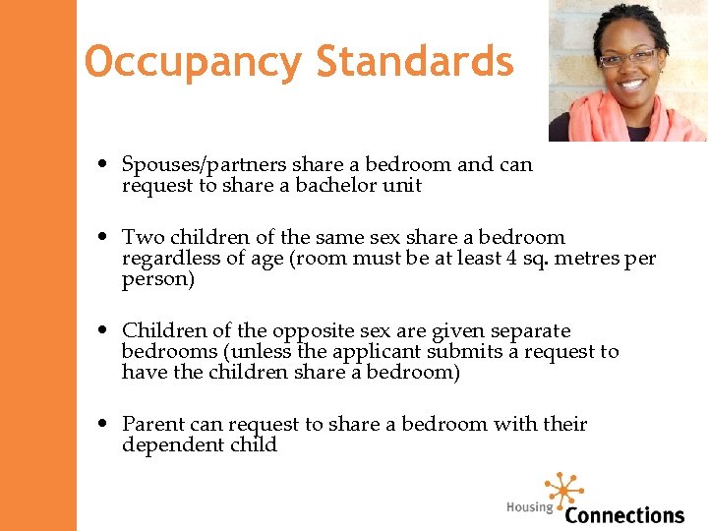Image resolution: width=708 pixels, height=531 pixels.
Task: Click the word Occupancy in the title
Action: click(194, 61)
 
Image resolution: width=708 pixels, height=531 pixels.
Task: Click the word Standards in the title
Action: click(414, 61)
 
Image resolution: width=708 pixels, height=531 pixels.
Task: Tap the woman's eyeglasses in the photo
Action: click(627, 58)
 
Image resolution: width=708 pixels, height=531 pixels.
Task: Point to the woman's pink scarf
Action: click(590, 123)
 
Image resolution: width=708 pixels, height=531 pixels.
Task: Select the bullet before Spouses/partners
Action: click(103, 165)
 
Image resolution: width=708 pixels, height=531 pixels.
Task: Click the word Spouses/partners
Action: click(204, 165)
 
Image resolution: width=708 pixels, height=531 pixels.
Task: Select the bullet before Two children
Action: click(103, 238)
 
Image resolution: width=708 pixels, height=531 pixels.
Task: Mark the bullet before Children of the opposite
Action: click(103, 331)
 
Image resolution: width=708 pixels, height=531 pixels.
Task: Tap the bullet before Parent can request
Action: click(103, 425)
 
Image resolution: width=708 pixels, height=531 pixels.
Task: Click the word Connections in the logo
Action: click(624, 514)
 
